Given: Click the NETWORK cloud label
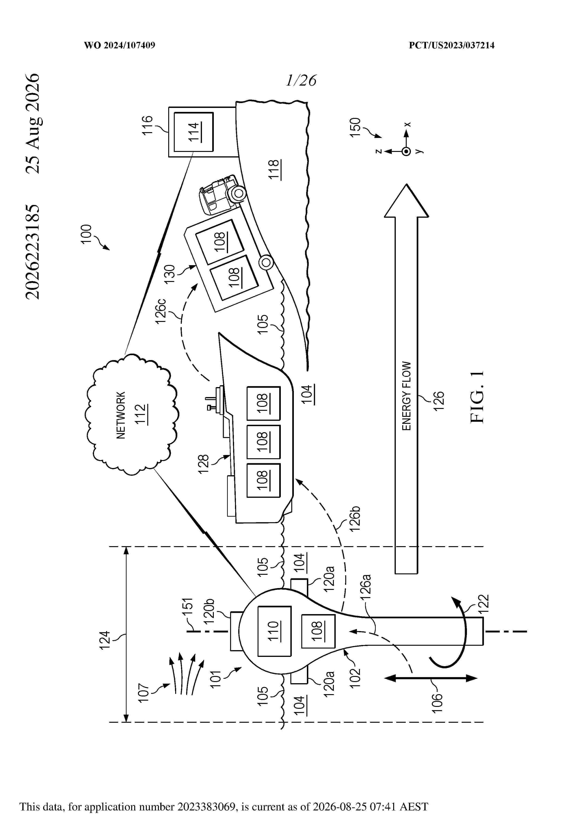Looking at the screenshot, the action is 121,415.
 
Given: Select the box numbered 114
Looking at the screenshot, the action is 193,132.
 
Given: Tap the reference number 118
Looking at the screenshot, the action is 274,170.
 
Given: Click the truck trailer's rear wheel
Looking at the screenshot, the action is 265,263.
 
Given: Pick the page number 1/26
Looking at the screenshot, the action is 301,80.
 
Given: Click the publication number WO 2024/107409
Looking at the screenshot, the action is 119,45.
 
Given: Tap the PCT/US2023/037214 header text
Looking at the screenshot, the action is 452,45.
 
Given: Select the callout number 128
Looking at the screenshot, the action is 203,464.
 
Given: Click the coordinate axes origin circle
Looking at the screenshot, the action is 406,151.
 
